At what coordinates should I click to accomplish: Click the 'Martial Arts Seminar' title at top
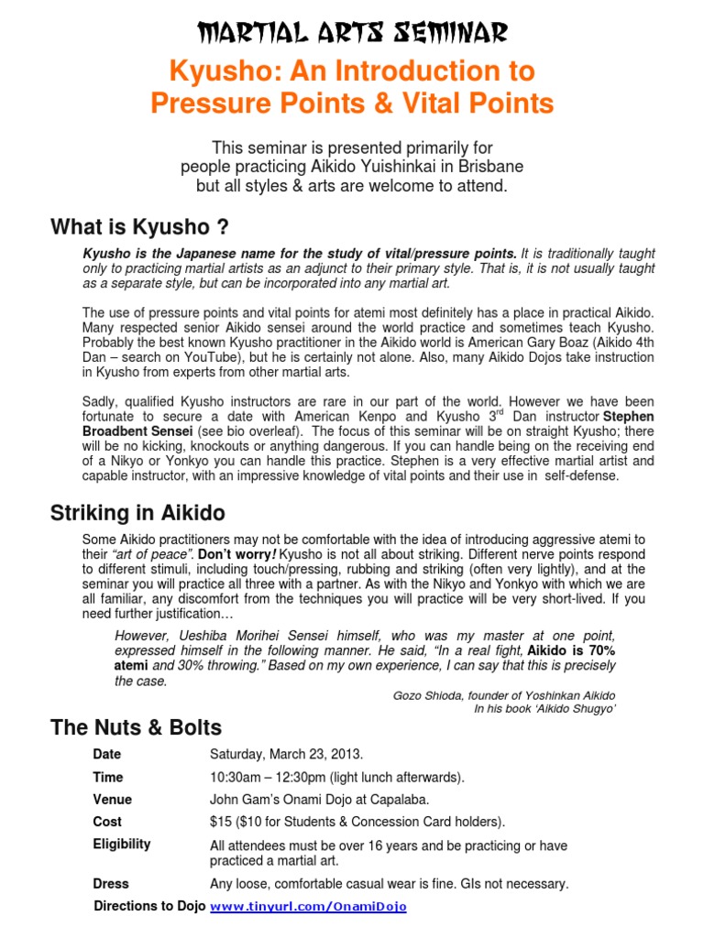352,34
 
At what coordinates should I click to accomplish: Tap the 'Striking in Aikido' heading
137,513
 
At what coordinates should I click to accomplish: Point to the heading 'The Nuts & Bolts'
135,728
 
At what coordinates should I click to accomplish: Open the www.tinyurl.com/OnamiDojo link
308,907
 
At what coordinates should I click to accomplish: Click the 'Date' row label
106,755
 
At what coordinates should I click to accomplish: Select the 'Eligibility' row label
122,844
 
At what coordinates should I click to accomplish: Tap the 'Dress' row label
111,884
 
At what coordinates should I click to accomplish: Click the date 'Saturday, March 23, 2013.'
286,755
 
